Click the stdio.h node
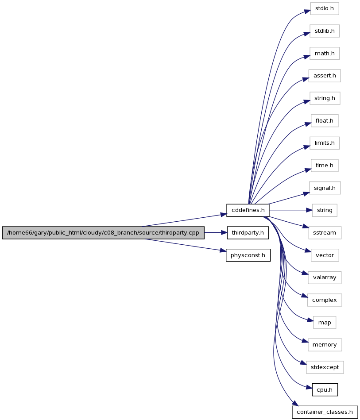coord(324,8)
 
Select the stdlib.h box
coord(324,31)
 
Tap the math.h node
coord(324,54)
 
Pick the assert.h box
coord(324,76)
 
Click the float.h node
coord(324,121)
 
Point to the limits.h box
coord(324,143)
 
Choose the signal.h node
coord(324,188)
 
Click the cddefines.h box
coord(248,210)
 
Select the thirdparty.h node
coord(248,233)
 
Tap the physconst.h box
coord(248,255)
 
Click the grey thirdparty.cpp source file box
coord(103,233)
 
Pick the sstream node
coord(324,233)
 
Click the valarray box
coord(324,277)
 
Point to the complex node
coord(324,300)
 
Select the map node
coord(324,323)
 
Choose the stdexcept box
coord(324,367)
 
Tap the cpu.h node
coord(324,390)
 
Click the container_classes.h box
coord(324,412)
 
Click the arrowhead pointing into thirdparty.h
coord(224,233)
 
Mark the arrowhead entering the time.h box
coord(308,170)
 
